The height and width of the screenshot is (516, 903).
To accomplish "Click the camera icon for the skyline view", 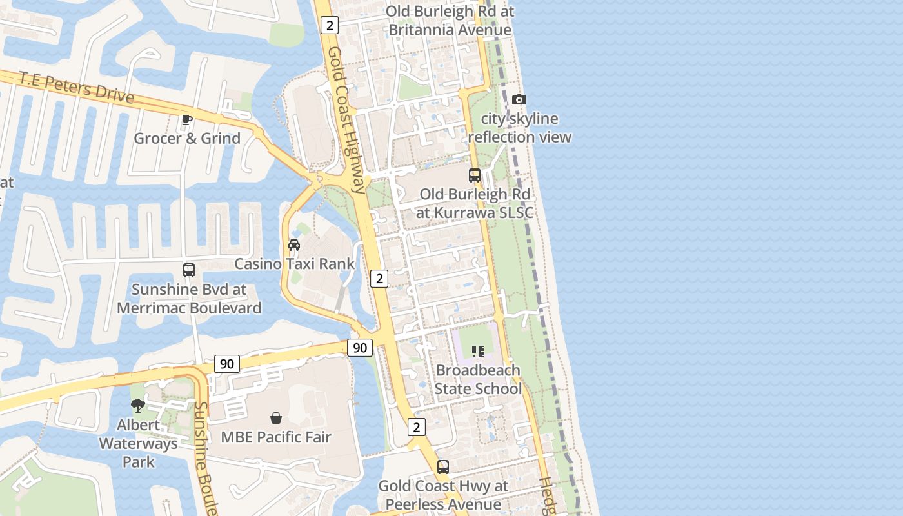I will (519, 99).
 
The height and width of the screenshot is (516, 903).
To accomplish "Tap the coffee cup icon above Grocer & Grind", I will (187, 119).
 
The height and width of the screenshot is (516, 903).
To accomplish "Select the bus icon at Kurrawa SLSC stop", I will (475, 175).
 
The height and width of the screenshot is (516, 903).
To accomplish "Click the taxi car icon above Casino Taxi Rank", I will (294, 245).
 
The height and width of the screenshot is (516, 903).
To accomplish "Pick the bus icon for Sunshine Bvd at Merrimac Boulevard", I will (189, 270).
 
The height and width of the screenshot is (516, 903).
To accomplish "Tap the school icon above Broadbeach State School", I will (477, 352).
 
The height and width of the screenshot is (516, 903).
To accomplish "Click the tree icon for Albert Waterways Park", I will (138, 406).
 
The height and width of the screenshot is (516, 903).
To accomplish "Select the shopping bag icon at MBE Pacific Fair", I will (276, 418).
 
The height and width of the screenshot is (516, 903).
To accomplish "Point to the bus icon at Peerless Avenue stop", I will (443, 467).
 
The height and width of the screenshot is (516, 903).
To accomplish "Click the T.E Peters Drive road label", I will (76, 88).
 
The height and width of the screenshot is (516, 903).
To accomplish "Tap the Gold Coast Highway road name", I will (346, 119).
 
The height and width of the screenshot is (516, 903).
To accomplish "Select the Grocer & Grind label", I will (187, 138).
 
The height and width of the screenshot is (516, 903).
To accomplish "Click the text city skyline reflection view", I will (520, 128).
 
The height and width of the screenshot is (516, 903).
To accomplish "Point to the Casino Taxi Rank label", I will (294, 264).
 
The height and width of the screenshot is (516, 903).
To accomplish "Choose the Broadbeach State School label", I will (478, 379).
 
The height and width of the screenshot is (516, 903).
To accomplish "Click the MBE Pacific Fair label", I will (276, 437).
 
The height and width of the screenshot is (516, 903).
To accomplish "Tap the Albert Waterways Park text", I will (138, 443).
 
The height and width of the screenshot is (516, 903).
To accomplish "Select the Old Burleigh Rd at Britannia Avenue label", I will (450, 21).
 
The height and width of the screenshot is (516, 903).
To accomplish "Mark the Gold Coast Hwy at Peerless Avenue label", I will (443, 495).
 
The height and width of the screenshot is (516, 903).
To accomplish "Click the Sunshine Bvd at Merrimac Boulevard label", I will (189, 299).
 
